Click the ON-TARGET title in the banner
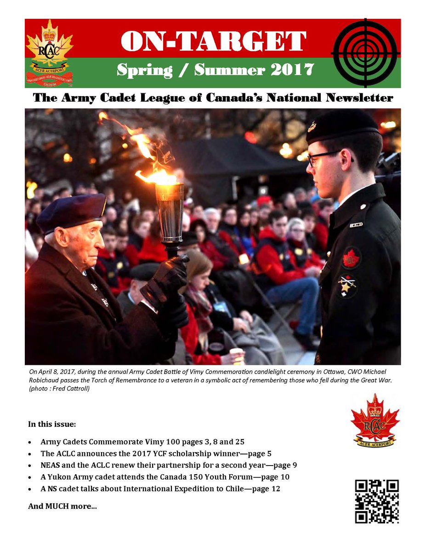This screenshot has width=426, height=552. coord(213,42)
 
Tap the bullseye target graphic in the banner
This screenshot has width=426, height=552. coord(366,52)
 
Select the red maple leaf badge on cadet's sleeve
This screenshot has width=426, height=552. coord(351,257)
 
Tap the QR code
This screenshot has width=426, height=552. coord(377,501)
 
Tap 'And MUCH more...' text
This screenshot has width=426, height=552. coord(62,506)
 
